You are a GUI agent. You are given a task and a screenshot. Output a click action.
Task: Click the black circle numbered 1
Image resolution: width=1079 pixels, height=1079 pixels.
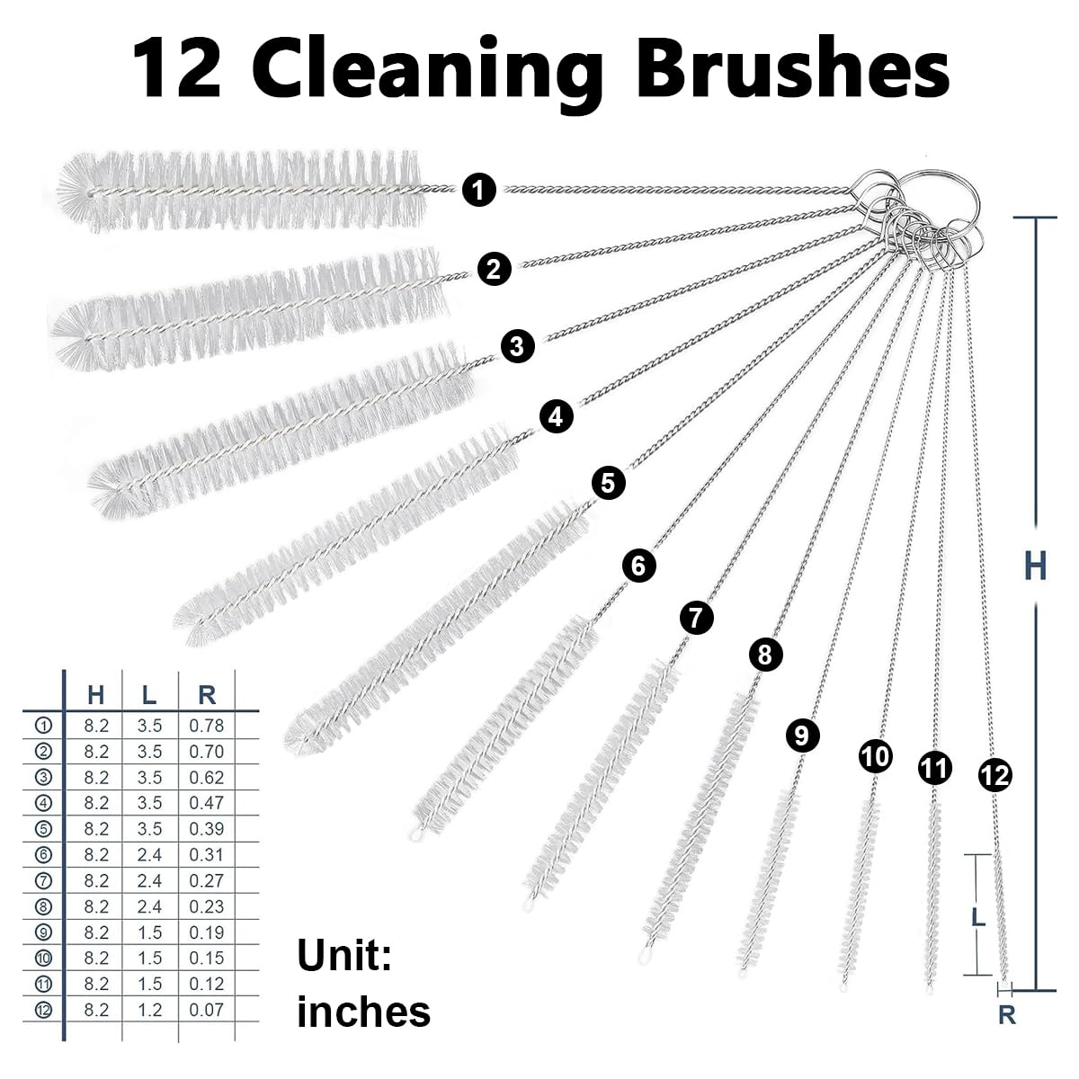coord(479,190)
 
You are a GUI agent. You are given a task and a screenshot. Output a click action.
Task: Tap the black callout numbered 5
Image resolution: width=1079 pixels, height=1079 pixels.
coord(608,484)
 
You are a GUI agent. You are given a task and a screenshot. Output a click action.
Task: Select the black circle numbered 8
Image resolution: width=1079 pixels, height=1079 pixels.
coord(764,654)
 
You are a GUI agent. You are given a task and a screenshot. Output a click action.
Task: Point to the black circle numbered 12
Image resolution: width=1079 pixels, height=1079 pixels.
coord(995,774)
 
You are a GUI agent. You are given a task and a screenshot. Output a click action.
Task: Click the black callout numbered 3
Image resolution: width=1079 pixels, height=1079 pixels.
coord(517,345)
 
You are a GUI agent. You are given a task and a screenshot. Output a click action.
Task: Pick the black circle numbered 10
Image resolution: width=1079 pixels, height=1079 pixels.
coord(875,756)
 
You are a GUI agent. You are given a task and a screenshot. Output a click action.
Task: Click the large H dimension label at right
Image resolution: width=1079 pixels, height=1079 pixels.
coord(1035,567)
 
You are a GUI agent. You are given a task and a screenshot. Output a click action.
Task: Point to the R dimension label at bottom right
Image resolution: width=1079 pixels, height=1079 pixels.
coord(1007,1016)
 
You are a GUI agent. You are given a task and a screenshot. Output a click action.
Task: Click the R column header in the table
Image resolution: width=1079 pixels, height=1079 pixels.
coord(207,694)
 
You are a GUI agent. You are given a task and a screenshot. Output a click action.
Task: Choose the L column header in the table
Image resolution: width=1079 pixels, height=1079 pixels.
coord(149,694)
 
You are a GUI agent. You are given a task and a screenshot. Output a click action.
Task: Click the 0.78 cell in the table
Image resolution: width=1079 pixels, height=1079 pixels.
coord(207,726)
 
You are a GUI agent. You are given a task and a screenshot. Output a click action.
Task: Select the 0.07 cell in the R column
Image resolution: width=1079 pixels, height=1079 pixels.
coord(207,1010)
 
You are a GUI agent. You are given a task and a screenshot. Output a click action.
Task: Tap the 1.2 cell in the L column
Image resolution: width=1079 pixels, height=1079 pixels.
coord(149,1010)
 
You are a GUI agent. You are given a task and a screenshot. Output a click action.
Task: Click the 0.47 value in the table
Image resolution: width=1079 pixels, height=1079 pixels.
coord(207,803)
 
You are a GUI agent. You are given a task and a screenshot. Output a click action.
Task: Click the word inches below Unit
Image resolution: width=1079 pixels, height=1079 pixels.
coord(363,1012)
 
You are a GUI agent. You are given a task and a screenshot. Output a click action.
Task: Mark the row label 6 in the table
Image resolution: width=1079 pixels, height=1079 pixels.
coord(43,855)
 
